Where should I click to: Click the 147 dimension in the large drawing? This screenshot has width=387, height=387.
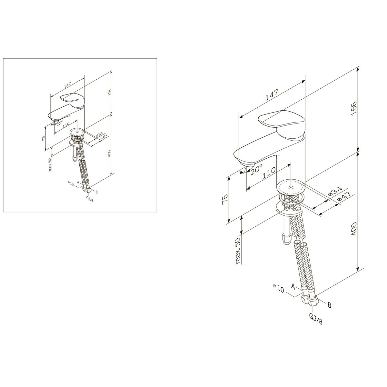point(272,94)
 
